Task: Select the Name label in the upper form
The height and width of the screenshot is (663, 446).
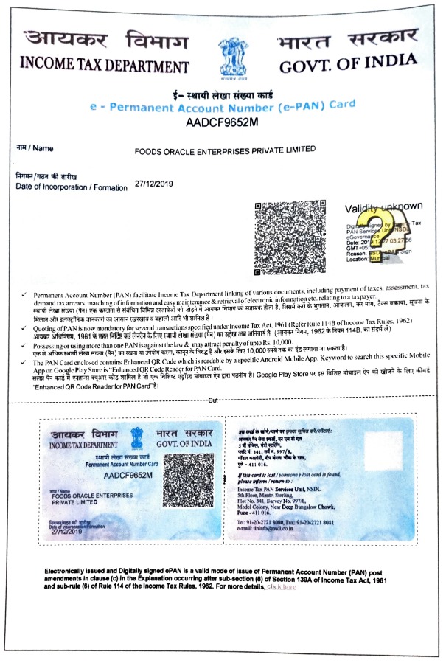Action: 35,148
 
